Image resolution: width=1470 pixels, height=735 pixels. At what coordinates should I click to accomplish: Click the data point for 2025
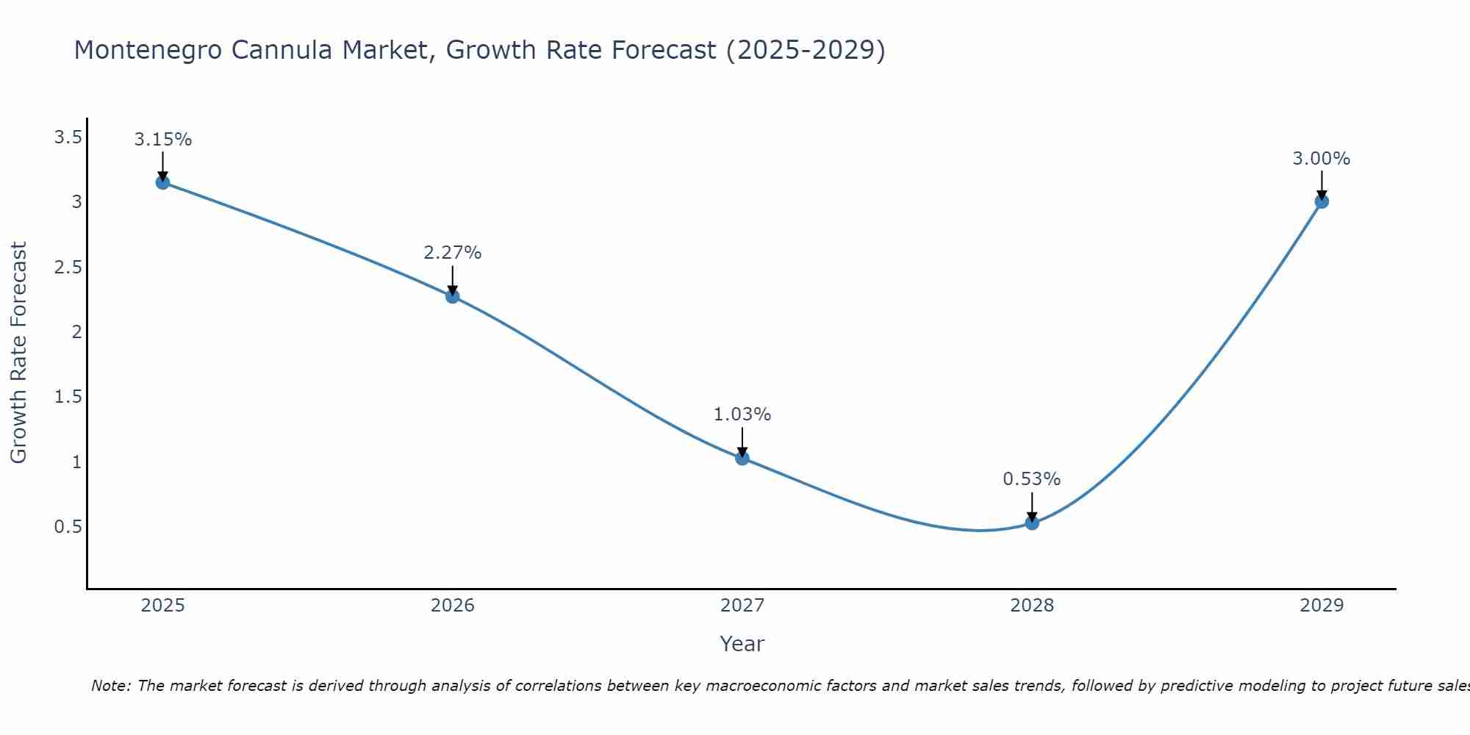pyautogui.click(x=163, y=182)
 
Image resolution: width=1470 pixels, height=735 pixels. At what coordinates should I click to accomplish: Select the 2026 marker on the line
pyautogui.click(x=453, y=296)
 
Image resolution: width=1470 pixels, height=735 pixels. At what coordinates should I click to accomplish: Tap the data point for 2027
pyautogui.click(x=742, y=458)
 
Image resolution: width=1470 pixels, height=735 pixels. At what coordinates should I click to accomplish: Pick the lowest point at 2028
pyautogui.click(x=1032, y=523)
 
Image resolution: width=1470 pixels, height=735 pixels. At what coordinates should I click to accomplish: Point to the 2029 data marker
pyautogui.click(x=1322, y=201)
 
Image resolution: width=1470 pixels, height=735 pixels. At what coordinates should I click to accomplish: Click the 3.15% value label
pyautogui.click(x=163, y=140)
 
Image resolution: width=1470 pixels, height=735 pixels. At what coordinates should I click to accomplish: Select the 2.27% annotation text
pyautogui.click(x=453, y=253)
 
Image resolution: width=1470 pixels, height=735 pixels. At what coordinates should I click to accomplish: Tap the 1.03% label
pyautogui.click(x=742, y=415)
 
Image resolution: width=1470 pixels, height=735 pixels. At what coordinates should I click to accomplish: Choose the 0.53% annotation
pyautogui.click(x=1032, y=479)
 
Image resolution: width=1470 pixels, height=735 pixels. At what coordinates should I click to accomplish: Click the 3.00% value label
pyautogui.click(x=1322, y=159)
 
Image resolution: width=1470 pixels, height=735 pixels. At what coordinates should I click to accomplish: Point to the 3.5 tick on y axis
pyautogui.click(x=68, y=137)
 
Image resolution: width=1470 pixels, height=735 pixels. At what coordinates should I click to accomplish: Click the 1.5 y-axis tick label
pyautogui.click(x=68, y=397)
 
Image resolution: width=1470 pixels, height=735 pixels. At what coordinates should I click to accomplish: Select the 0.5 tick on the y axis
pyautogui.click(x=68, y=527)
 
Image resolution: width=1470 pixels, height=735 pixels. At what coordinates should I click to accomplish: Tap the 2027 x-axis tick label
pyautogui.click(x=742, y=606)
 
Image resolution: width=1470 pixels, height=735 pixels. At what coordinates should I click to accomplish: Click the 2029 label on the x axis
pyautogui.click(x=1322, y=606)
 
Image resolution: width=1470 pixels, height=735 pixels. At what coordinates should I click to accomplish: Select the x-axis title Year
pyautogui.click(x=742, y=644)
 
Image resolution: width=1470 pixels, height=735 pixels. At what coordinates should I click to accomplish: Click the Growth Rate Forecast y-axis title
pyautogui.click(x=18, y=353)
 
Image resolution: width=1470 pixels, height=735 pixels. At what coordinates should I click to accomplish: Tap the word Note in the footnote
pyautogui.click(x=110, y=686)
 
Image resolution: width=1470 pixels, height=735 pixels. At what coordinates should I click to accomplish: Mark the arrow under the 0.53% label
pyautogui.click(x=1032, y=507)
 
